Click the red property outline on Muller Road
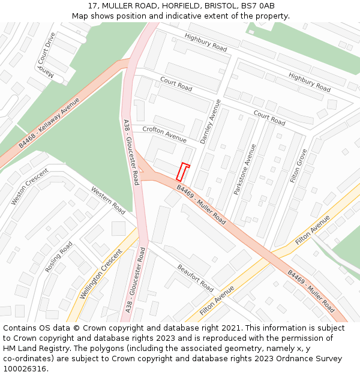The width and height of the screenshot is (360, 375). [x=183, y=172]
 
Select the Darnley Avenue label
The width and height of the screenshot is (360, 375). [x=211, y=121]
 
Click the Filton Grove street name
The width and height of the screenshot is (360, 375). [x=298, y=166]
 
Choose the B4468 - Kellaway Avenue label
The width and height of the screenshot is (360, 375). [x=49, y=123]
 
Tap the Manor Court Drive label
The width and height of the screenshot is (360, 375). [x=46, y=55]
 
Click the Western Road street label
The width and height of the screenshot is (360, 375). [x=108, y=200]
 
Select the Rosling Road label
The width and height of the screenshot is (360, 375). [x=59, y=257]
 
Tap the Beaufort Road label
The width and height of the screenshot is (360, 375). [x=195, y=278]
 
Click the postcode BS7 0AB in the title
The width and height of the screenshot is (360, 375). [x=258, y=5]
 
